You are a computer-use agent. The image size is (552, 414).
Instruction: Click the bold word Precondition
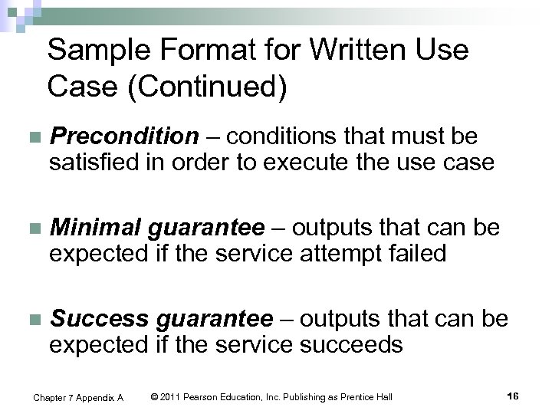[124, 137]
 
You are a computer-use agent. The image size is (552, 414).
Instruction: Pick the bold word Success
[100, 318]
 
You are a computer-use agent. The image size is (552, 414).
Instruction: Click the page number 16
[513, 396]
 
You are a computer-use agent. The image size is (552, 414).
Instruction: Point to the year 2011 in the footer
[172, 397]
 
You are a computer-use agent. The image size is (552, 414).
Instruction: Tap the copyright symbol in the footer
[155, 397]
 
